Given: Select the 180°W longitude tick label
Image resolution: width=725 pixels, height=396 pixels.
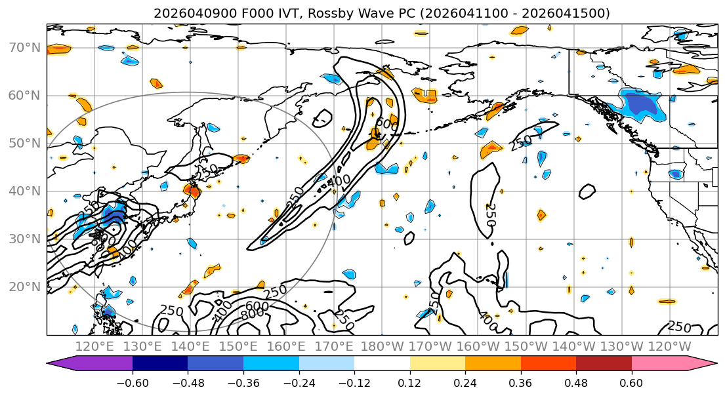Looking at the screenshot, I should pyautogui.click(x=382, y=346).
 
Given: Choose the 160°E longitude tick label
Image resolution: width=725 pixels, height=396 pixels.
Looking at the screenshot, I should pyautogui.click(x=286, y=346).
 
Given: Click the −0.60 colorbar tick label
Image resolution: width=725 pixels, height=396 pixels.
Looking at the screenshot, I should pyautogui.click(x=132, y=381).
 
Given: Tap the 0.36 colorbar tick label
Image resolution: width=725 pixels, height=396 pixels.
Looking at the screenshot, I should pyautogui.click(x=520, y=381).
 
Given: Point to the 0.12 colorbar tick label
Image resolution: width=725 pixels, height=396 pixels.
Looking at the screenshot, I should pyautogui.click(x=409, y=381).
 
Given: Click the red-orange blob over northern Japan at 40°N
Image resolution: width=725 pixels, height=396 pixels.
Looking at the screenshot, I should pyautogui.click(x=192, y=191).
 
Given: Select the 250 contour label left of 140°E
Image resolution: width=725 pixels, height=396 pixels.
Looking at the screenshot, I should pyautogui.click(x=171, y=310).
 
